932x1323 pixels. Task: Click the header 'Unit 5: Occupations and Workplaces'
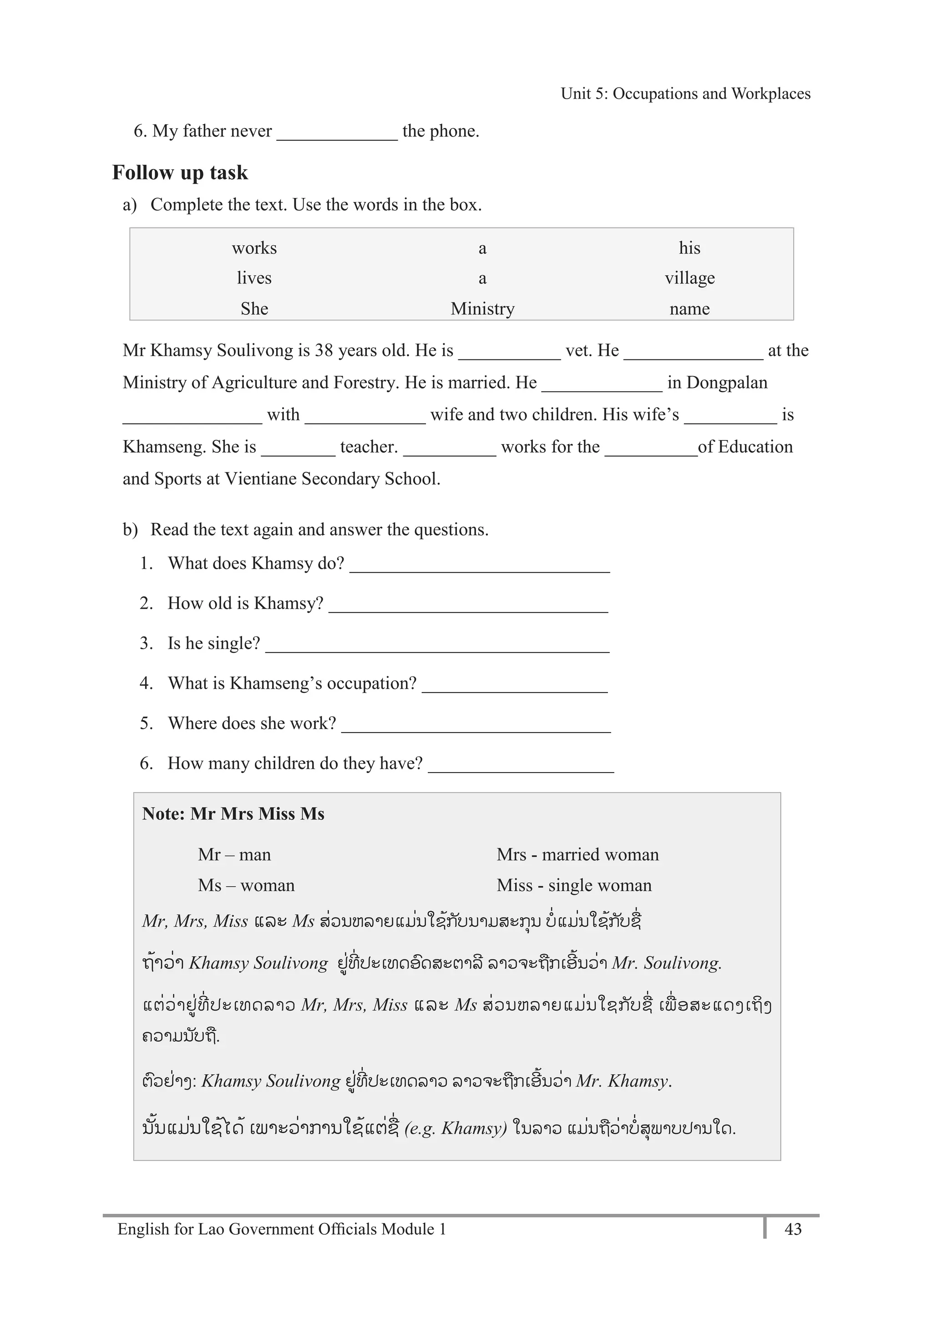click(685, 93)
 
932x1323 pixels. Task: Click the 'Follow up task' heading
click(180, 172)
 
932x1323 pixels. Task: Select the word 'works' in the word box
click(254, 248)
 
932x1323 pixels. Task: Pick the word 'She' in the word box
click(254, 308)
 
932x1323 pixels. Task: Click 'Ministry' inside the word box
click(482, 308)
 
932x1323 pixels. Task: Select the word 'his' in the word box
click(689, 248)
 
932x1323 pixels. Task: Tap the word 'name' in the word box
click(689, 308)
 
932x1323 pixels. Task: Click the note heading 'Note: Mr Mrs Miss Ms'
click(233, 813)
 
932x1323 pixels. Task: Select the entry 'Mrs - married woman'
click(577, 854)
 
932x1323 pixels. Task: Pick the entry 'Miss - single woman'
click(574, 885)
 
